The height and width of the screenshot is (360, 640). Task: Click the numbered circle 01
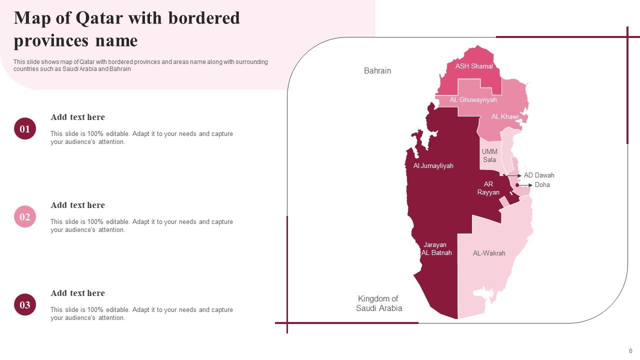[x=25, y=128]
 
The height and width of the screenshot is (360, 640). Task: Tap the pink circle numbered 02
[x=25, y=216]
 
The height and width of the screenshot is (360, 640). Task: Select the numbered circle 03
[x=25, y=304]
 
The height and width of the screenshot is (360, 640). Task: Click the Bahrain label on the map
[x=377, y=71]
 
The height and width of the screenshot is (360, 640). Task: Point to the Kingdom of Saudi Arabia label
[x=378, y=303]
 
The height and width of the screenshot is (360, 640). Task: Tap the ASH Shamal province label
[x=473, y=66]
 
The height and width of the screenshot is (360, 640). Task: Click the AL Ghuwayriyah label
[x=473, y=100]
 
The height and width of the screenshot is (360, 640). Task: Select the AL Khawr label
[x=505, y=117]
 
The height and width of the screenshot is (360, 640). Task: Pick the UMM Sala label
[x=489, y=155]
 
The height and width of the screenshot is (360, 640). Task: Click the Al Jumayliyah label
[x=433, y=165]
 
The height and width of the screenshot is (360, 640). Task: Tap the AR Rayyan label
[x=488, y=188]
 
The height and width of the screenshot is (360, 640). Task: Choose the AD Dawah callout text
[x=539, y=175]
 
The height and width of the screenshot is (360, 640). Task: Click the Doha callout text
[x=542, y=185]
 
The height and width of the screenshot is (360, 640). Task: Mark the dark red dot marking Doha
[x=517, y=185]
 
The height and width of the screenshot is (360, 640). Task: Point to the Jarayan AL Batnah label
[x=436, y=248]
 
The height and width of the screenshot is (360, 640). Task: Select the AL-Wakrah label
[x=489, y=253]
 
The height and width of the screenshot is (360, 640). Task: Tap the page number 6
[x=630, y=351]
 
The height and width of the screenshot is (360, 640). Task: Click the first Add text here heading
[x=77, y=117]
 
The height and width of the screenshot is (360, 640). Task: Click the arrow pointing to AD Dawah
[x=515, y=175]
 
